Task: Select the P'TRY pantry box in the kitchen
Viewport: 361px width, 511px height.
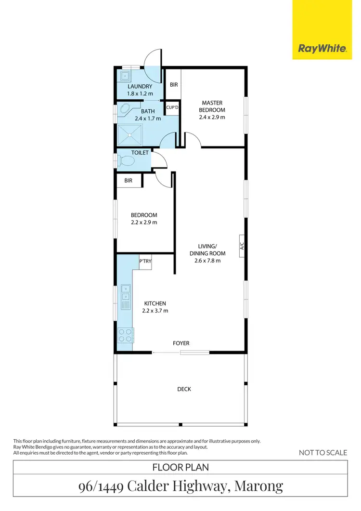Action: [145, 262]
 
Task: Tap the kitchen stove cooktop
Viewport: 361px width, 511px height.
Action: [126, 334]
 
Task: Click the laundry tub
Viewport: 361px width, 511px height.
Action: [125, 76]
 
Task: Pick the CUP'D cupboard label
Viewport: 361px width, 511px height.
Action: [172, 108]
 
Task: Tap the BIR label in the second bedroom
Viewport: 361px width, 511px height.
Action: [129, 181]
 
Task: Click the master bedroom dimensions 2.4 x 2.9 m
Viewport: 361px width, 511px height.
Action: [212, 117]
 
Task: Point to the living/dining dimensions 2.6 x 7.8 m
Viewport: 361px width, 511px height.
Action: [207, 261]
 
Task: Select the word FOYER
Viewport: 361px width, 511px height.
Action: [181, 343]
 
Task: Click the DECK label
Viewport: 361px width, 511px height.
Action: [184, 389]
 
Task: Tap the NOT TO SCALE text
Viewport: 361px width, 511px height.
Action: [322, 452]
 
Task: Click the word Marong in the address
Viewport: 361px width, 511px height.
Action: [260, 486]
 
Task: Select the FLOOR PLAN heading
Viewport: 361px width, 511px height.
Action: [180, 467]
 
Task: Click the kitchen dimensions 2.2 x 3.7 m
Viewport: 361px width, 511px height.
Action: [155, 310]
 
